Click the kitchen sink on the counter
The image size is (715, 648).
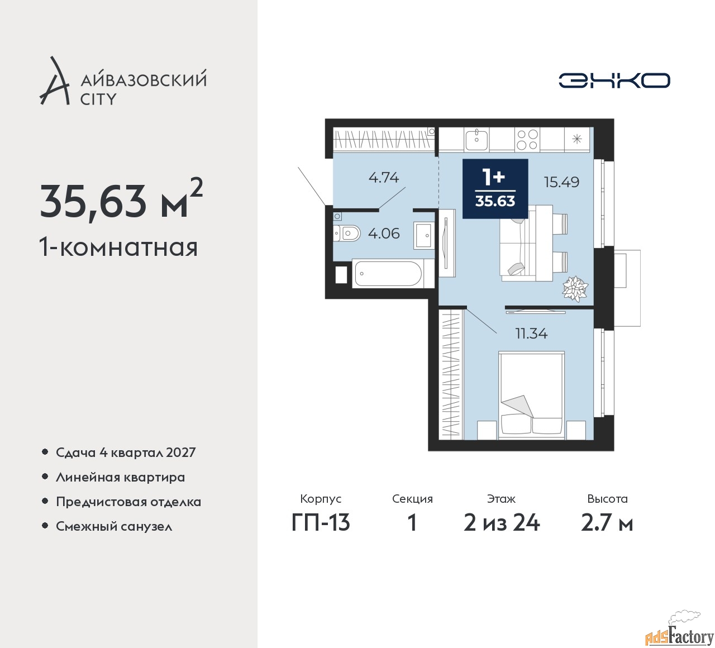click(x=476, y=139)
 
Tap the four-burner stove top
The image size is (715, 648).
click(x=527, y=139)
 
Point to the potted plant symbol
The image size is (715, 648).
click(x=575, y=288)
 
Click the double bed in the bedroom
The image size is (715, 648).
click(x=531, y=396)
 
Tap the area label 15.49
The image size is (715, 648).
click(x=561, y=182)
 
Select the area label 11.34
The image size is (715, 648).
click(x=531, y=333)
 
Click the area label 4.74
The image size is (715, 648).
click(x=384, y=177)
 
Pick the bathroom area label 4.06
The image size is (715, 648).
click(x=384, y=234)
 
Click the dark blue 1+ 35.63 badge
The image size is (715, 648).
click(x=495, y=189)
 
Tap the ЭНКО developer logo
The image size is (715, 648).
click(x=614, y=80)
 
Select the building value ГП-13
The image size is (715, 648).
click(x=321, y=523)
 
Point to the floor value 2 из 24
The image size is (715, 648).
click(x=502, y=523)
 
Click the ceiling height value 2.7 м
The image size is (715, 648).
click(x=607, y=523)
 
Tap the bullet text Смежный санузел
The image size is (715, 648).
click(x=114, y=526)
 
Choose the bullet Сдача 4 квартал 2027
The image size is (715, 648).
click(x=126, y=452)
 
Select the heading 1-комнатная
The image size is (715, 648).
click(x=118, y=247)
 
